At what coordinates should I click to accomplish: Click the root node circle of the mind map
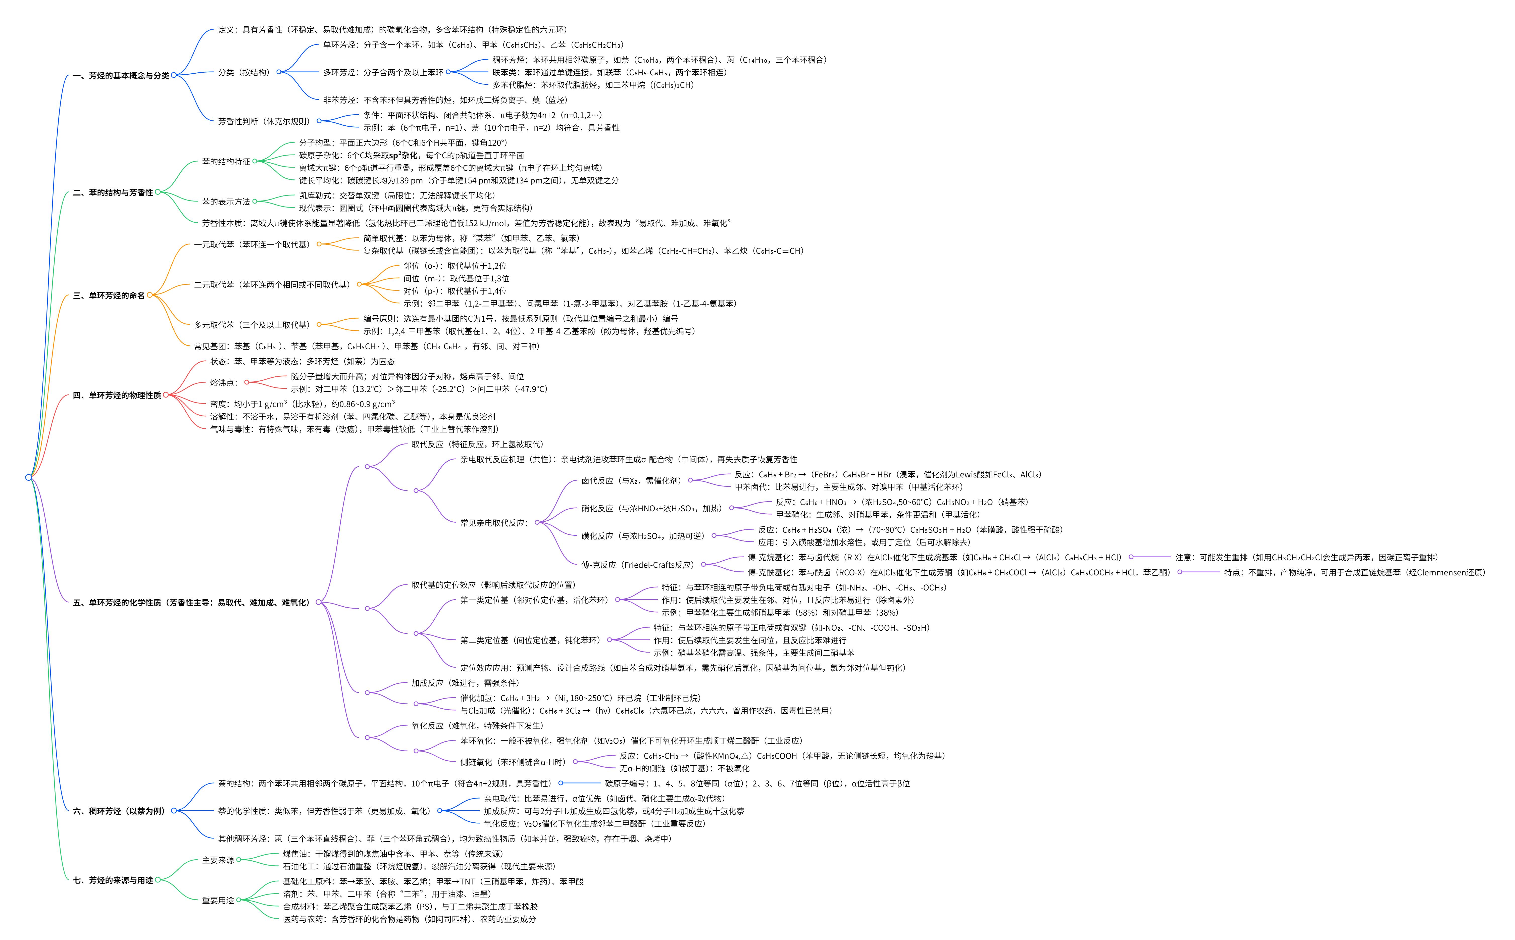coord(29,477)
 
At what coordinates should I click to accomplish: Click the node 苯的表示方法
coord(226,202)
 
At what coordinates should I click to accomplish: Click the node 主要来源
coord(218,860)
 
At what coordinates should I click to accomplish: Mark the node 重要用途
coord(218,900)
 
